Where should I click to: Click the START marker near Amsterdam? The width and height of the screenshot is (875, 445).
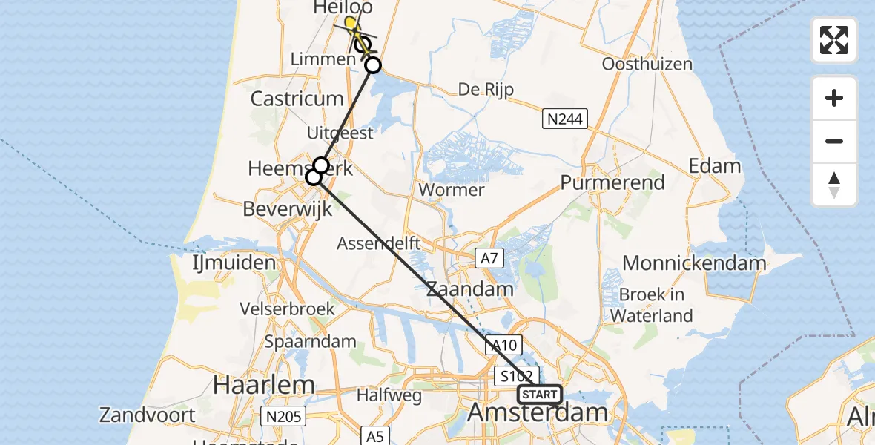[540, 395]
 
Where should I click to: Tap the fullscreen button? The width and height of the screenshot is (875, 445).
[834, 40]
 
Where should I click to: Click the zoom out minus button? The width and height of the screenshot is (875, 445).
[834, 141]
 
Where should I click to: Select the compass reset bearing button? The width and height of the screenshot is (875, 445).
[834, 185]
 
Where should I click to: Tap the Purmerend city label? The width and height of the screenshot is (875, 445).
[612, 182]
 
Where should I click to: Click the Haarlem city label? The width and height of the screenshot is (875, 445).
[263, 384]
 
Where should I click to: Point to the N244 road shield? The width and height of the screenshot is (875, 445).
[564, 118]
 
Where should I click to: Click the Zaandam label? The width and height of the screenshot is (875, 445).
[470, 289]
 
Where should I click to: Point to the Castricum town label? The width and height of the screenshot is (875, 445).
[297, 99]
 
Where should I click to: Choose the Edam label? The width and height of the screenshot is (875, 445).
[715, 165]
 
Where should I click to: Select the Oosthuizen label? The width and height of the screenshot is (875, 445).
[647, 64]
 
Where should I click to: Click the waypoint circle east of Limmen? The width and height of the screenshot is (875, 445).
[373, 65]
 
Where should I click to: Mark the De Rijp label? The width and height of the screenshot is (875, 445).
[486, 90]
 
